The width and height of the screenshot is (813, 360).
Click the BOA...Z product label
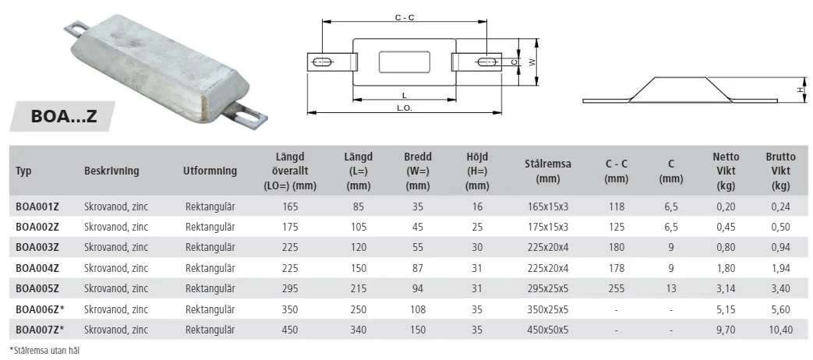tap(64, 116)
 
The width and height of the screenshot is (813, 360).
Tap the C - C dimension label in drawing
tap(405, 18)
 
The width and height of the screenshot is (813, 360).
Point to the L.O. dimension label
tap(405, 108)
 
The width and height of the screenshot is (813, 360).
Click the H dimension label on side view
tap(801, 90)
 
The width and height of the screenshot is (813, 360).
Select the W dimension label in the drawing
tap(532, 62)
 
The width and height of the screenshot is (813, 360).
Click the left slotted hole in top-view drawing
tap(322, 62)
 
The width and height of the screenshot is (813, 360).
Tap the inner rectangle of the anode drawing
tap(405, 62)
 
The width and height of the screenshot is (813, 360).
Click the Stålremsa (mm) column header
tap(547, 171)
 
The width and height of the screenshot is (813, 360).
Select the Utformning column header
tap(210, 171)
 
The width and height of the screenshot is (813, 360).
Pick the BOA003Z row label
tap(37, 247)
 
